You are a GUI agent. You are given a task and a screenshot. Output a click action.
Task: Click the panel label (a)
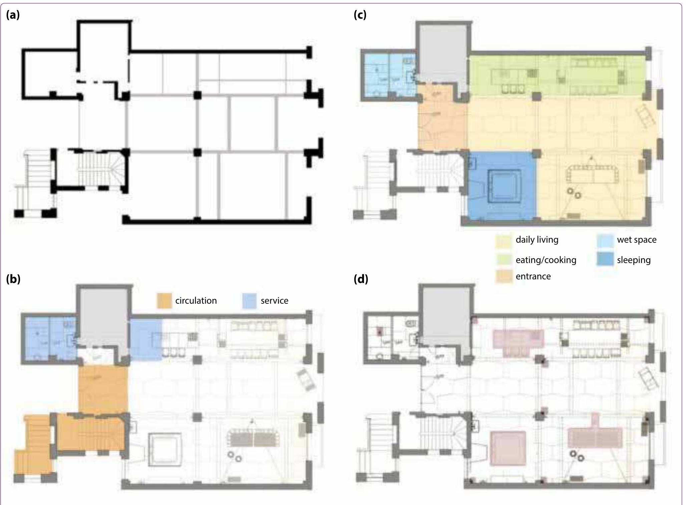tap(13, 15)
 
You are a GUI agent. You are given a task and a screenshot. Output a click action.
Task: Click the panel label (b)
tap(13, 279)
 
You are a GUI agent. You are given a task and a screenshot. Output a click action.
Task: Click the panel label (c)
tap(360, 15)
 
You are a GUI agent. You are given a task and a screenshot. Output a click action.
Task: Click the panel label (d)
tap(361, 279)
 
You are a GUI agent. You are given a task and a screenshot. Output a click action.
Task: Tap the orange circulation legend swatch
tap(164, 301)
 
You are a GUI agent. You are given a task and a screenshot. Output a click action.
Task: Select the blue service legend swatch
tap(249, 301)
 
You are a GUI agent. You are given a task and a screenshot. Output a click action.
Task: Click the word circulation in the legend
tap(196, 301)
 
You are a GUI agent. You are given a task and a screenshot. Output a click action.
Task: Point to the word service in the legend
tap(274, 301)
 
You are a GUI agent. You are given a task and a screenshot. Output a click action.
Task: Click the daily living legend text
tap(537, 240)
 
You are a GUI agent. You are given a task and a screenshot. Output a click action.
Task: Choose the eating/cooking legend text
tap(546, 260)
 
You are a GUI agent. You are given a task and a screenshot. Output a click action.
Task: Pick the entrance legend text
tap(533, 276)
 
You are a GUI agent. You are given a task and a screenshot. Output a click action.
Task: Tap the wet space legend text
tap(637, 240)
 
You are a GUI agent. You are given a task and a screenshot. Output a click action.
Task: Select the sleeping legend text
tap(634, 260)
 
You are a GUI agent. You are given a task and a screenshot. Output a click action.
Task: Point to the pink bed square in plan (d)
tap(508, 448)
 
